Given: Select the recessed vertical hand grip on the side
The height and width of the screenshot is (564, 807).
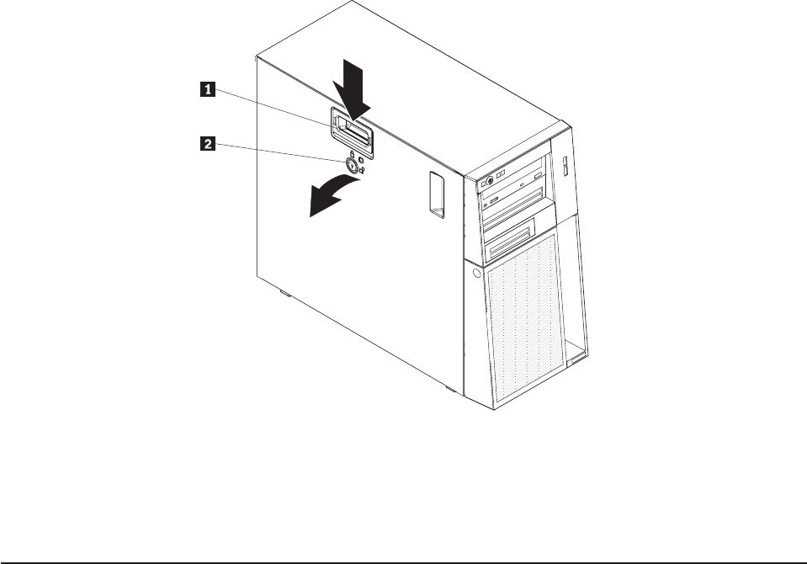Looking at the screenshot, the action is click(x=435, y=194).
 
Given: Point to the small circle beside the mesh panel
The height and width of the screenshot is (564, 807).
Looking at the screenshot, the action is click(x=477, y=274).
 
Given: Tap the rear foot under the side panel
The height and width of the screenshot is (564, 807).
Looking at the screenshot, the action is click(x=284, y=295).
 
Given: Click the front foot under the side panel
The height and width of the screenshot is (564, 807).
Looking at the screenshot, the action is click(x=450, y=391).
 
